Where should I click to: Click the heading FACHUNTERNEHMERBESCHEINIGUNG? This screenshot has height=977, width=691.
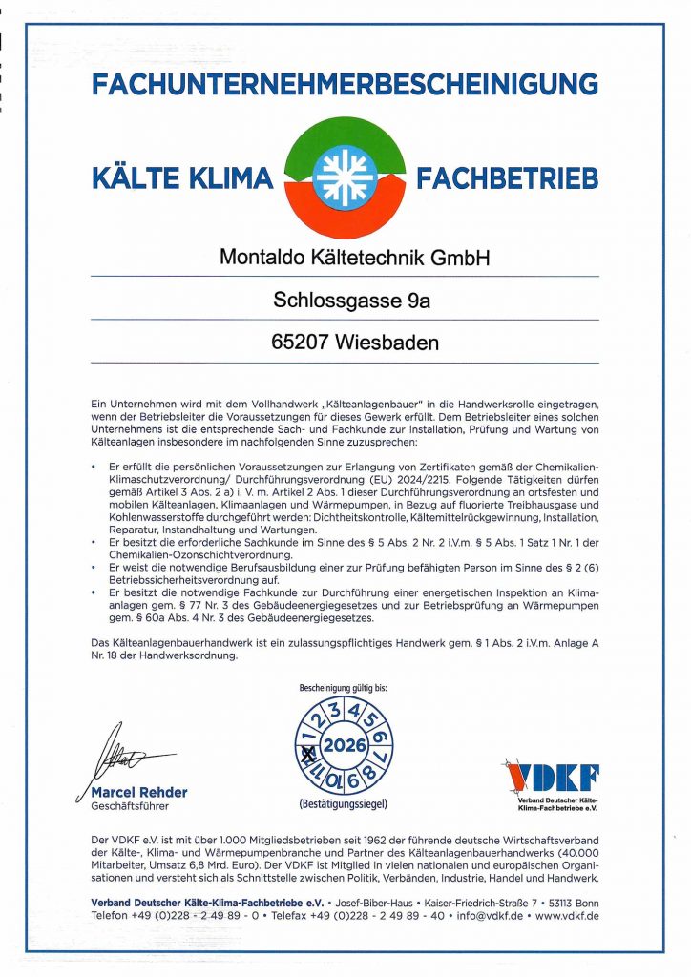pyautogui.click(x=345, y=84)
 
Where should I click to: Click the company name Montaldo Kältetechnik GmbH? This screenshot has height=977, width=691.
pyautogui.click(x=345, y=258)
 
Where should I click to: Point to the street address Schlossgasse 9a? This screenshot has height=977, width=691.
pyautogui.click(x=345, y=301)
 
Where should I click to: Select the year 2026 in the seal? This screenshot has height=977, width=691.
pyautogui.click(x=345, y=744)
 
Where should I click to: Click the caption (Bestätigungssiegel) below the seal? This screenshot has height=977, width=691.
pyautogui.click(x=345, y=804)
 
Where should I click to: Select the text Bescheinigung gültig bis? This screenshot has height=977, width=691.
pyautogui.click(x=345, y=686)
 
